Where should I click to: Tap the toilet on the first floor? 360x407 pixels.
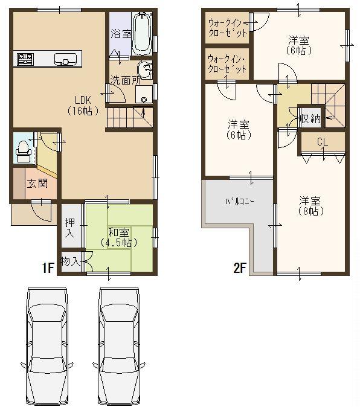pos(24,149)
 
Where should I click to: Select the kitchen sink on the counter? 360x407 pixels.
pos(65,59)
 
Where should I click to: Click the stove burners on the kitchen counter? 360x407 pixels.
pos(25,59)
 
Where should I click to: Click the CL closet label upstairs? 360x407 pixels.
pos(322,142)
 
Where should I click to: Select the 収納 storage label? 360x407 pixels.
pos(312,118)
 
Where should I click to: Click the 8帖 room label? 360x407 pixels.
pos(310,205)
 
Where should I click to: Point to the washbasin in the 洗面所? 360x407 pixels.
pos(145,68)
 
